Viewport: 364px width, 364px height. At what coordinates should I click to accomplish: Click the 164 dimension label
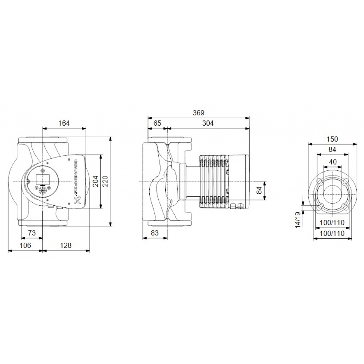[64, 123]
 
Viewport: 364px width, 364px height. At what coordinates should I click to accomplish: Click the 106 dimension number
[25, 245]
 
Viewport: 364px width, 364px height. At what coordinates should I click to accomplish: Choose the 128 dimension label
[65, 245]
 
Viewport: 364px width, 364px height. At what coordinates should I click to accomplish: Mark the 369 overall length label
[198, 112]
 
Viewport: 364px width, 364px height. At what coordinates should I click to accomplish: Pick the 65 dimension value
[157, 123]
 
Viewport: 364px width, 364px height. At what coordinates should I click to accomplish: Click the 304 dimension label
[208, 123]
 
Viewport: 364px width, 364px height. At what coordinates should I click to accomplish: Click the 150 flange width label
[332, 139]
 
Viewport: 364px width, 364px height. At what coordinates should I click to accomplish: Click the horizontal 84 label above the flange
[332, 149]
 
